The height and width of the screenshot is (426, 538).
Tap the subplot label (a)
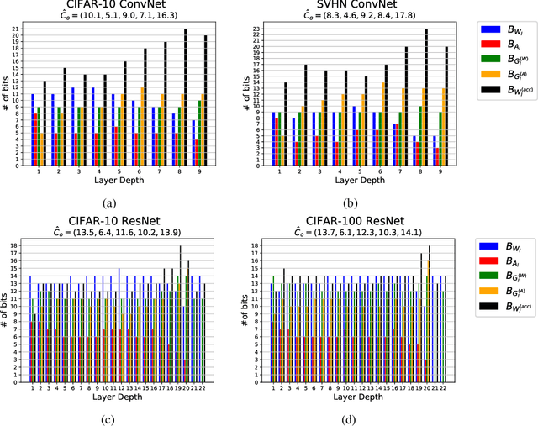coord(109,202)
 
